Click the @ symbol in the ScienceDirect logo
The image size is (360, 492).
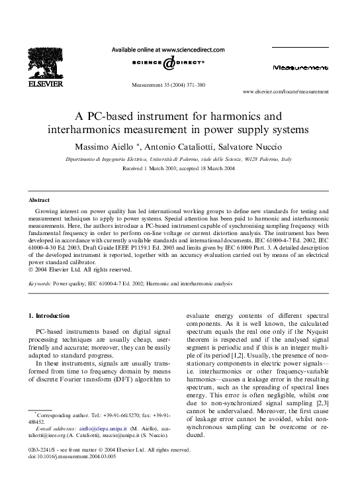pos(169,63)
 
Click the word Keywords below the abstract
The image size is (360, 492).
pos(39,283)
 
